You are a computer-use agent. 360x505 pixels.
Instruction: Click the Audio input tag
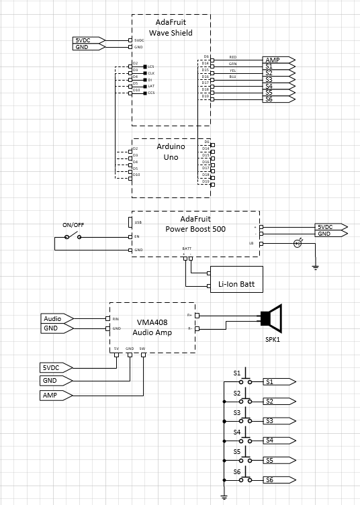(56, 318)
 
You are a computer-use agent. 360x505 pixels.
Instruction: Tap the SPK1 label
(273, 339)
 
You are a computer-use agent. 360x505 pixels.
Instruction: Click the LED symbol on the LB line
(298, 243)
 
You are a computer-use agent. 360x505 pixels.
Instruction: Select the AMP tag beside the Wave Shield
(276, 60)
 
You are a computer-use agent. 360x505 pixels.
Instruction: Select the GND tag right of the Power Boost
(328, 234)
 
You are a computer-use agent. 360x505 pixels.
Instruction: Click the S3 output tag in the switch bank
(275, 420)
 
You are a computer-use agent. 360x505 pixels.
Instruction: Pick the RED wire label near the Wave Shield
(232, 57)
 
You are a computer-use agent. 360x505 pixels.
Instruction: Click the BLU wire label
(232, 77)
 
